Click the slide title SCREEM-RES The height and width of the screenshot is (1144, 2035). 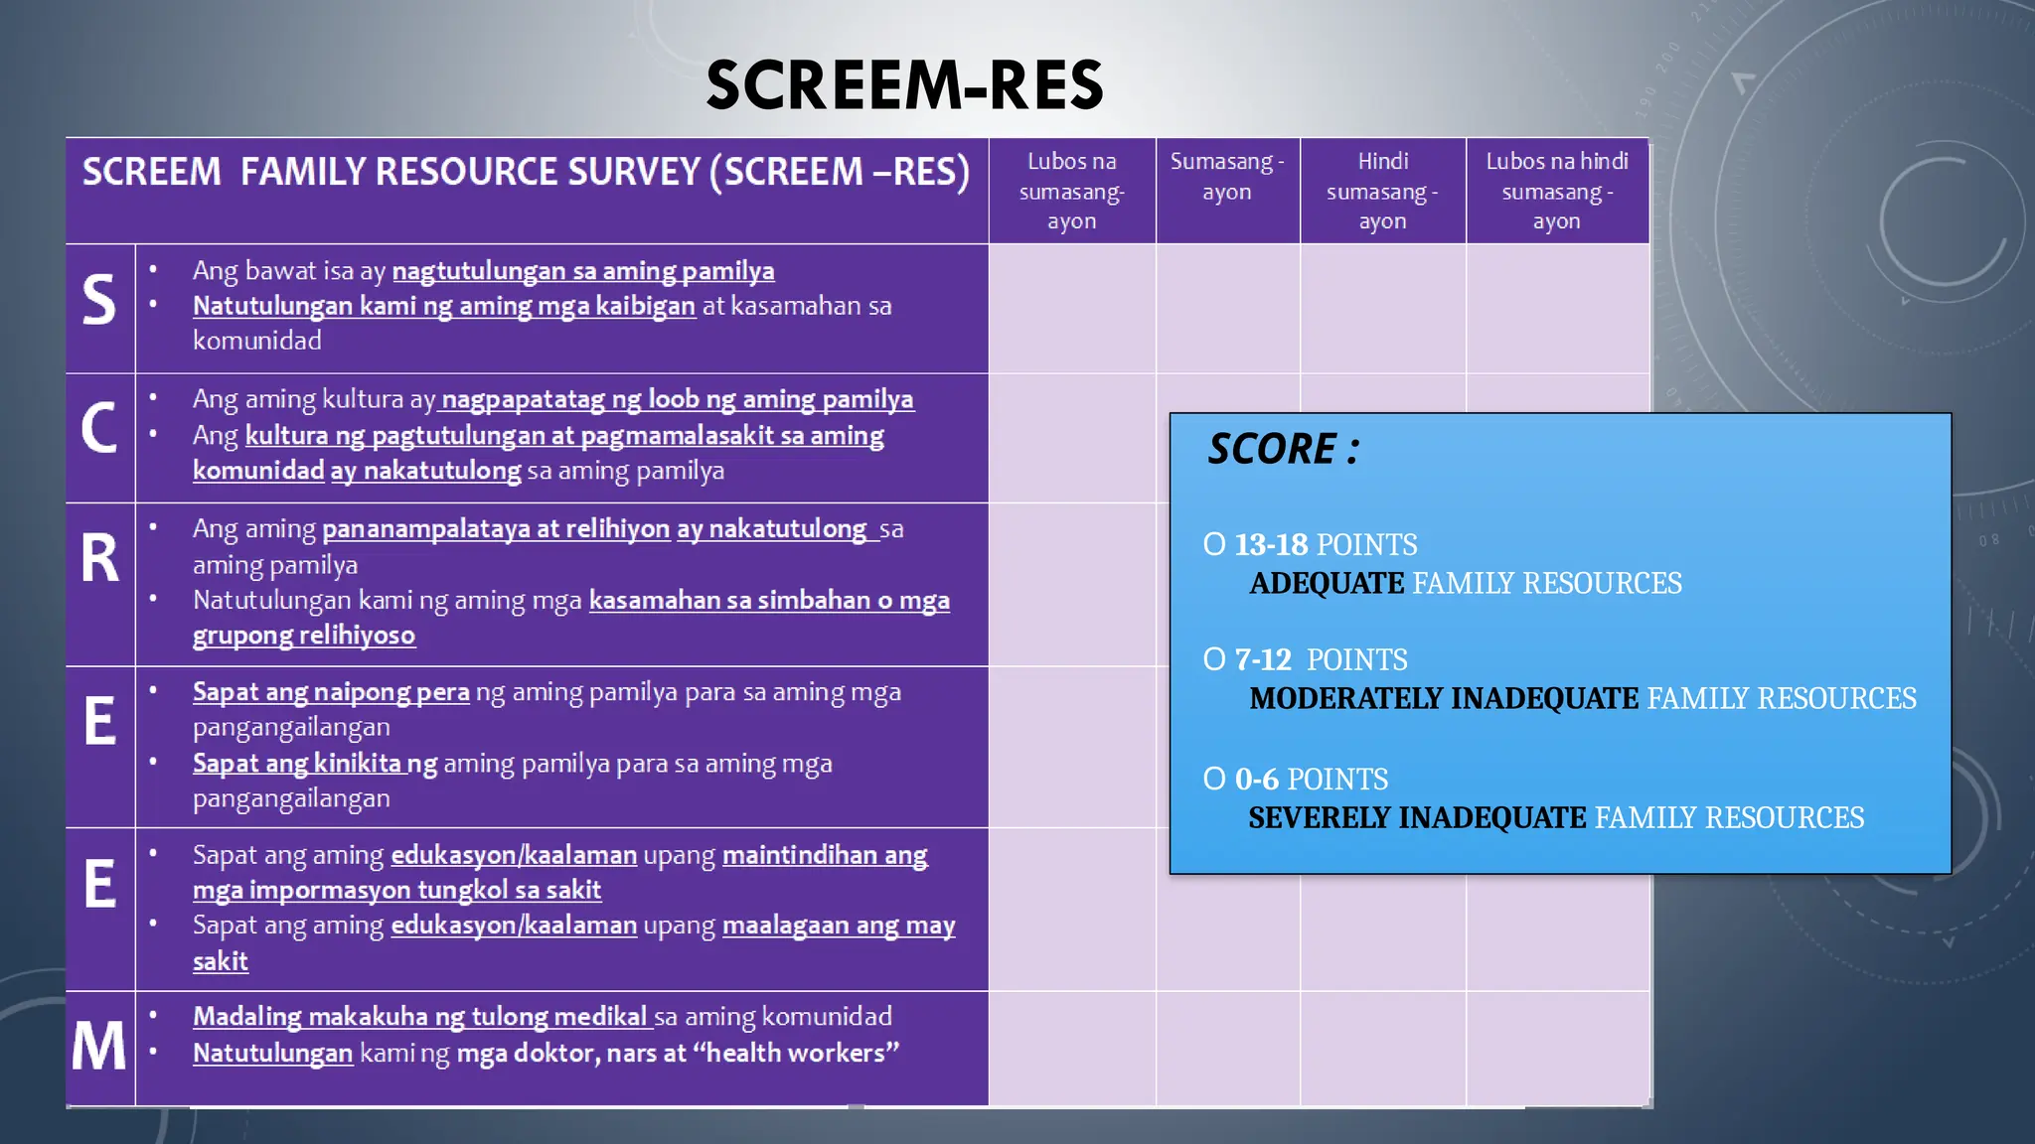click(904, 85)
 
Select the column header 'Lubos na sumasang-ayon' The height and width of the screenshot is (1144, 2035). click(1071, 191)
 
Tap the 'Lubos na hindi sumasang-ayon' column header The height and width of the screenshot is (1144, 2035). click(1556, 191)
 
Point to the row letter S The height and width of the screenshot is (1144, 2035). click(99, 300)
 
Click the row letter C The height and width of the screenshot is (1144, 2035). click(99, 429)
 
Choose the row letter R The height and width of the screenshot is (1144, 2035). click(99, 558)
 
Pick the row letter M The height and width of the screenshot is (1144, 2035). click(99, 1047)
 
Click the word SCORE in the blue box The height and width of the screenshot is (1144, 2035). click(1272, 449)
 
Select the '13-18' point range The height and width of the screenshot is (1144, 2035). click(1271, 545)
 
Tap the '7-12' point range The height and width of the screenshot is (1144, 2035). click(1263, 660)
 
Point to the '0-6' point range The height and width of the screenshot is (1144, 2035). click(1256, 780)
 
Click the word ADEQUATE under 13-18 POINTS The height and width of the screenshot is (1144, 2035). click(1327, 584)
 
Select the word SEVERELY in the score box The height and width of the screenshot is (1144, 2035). click(1318, 818)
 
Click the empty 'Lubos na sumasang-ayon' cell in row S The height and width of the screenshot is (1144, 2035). click(1071, 309)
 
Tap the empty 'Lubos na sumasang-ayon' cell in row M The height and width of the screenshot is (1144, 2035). click(1071, 1048)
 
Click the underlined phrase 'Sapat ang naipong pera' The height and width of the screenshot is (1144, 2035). click(331, 692)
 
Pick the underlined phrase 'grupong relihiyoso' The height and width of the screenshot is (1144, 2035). click(304, 636)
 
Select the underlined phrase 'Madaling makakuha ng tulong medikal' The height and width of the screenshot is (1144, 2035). click(421, 1017)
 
